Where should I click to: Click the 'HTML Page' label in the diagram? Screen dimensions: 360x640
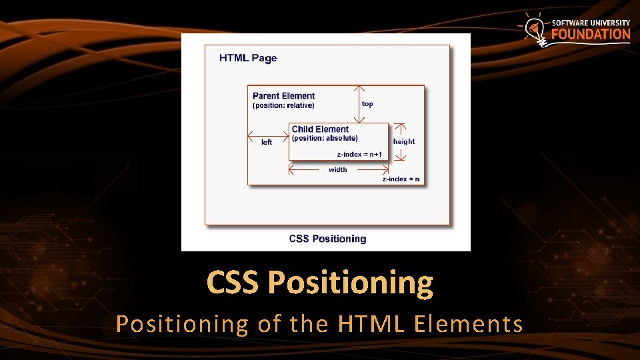tap(247, 58)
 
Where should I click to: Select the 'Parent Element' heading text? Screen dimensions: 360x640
tap(283, 96)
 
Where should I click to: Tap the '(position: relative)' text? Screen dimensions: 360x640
tap(283, 105)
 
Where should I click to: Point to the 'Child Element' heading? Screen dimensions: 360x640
tap(320, 129)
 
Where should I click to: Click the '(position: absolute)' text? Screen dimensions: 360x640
tap(325, 139)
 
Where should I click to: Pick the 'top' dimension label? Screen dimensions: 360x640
tap(367, 104)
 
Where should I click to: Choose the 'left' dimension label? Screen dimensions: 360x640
tap(267, 142)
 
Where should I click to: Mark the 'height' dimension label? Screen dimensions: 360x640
tap(404, 141)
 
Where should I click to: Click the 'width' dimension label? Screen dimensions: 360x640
tap(338, 170)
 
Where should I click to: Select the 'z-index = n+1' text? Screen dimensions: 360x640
tap(359, 155)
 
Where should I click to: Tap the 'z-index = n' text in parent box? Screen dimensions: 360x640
tap(401, 179)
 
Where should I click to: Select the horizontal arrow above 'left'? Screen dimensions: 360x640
tap(267, 132)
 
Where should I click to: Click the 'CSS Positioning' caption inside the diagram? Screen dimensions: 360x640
tap(327, 239)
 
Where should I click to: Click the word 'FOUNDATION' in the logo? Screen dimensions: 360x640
tap(590, 35)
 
